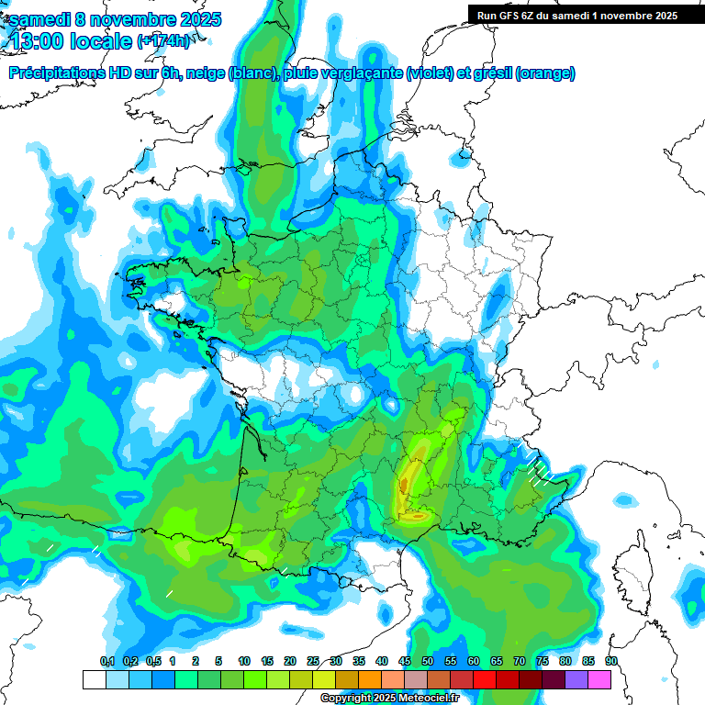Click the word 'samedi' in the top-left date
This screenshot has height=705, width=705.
point(37,19)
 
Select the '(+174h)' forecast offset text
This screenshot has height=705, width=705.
point(163,41)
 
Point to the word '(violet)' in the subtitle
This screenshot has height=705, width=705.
point(430,73)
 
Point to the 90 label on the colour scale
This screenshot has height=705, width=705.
point(611,661)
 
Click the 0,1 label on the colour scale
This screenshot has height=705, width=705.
point(106,661)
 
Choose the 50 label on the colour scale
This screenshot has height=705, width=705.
point(428,661)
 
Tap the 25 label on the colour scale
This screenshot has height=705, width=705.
point(313,661)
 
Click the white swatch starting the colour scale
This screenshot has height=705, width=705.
point(94,679)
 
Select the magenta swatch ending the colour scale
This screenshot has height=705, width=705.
point(599,679)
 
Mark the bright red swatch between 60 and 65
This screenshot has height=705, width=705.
point(485,679)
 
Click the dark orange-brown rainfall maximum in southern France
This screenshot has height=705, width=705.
point(404,481)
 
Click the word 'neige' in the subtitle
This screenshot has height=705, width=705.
point(205,73)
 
